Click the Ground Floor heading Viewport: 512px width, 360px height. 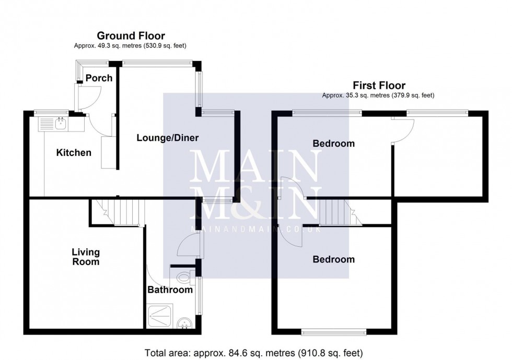[x=131, y=36]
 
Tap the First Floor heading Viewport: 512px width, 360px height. [x=379, y=86]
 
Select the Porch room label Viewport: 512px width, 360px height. [x=99, y=78]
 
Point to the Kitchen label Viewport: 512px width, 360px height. [x=74, y=153]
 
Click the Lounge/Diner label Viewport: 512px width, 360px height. [x=168, y=138]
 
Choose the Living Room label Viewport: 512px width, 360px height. [x=86, y=257]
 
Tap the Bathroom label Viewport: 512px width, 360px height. [x=170, y=290]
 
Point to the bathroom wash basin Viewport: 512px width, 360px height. [x=184, y=323]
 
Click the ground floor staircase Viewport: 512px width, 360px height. [x=123, y=212]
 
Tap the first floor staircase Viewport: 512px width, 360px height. [x=335, y=213]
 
